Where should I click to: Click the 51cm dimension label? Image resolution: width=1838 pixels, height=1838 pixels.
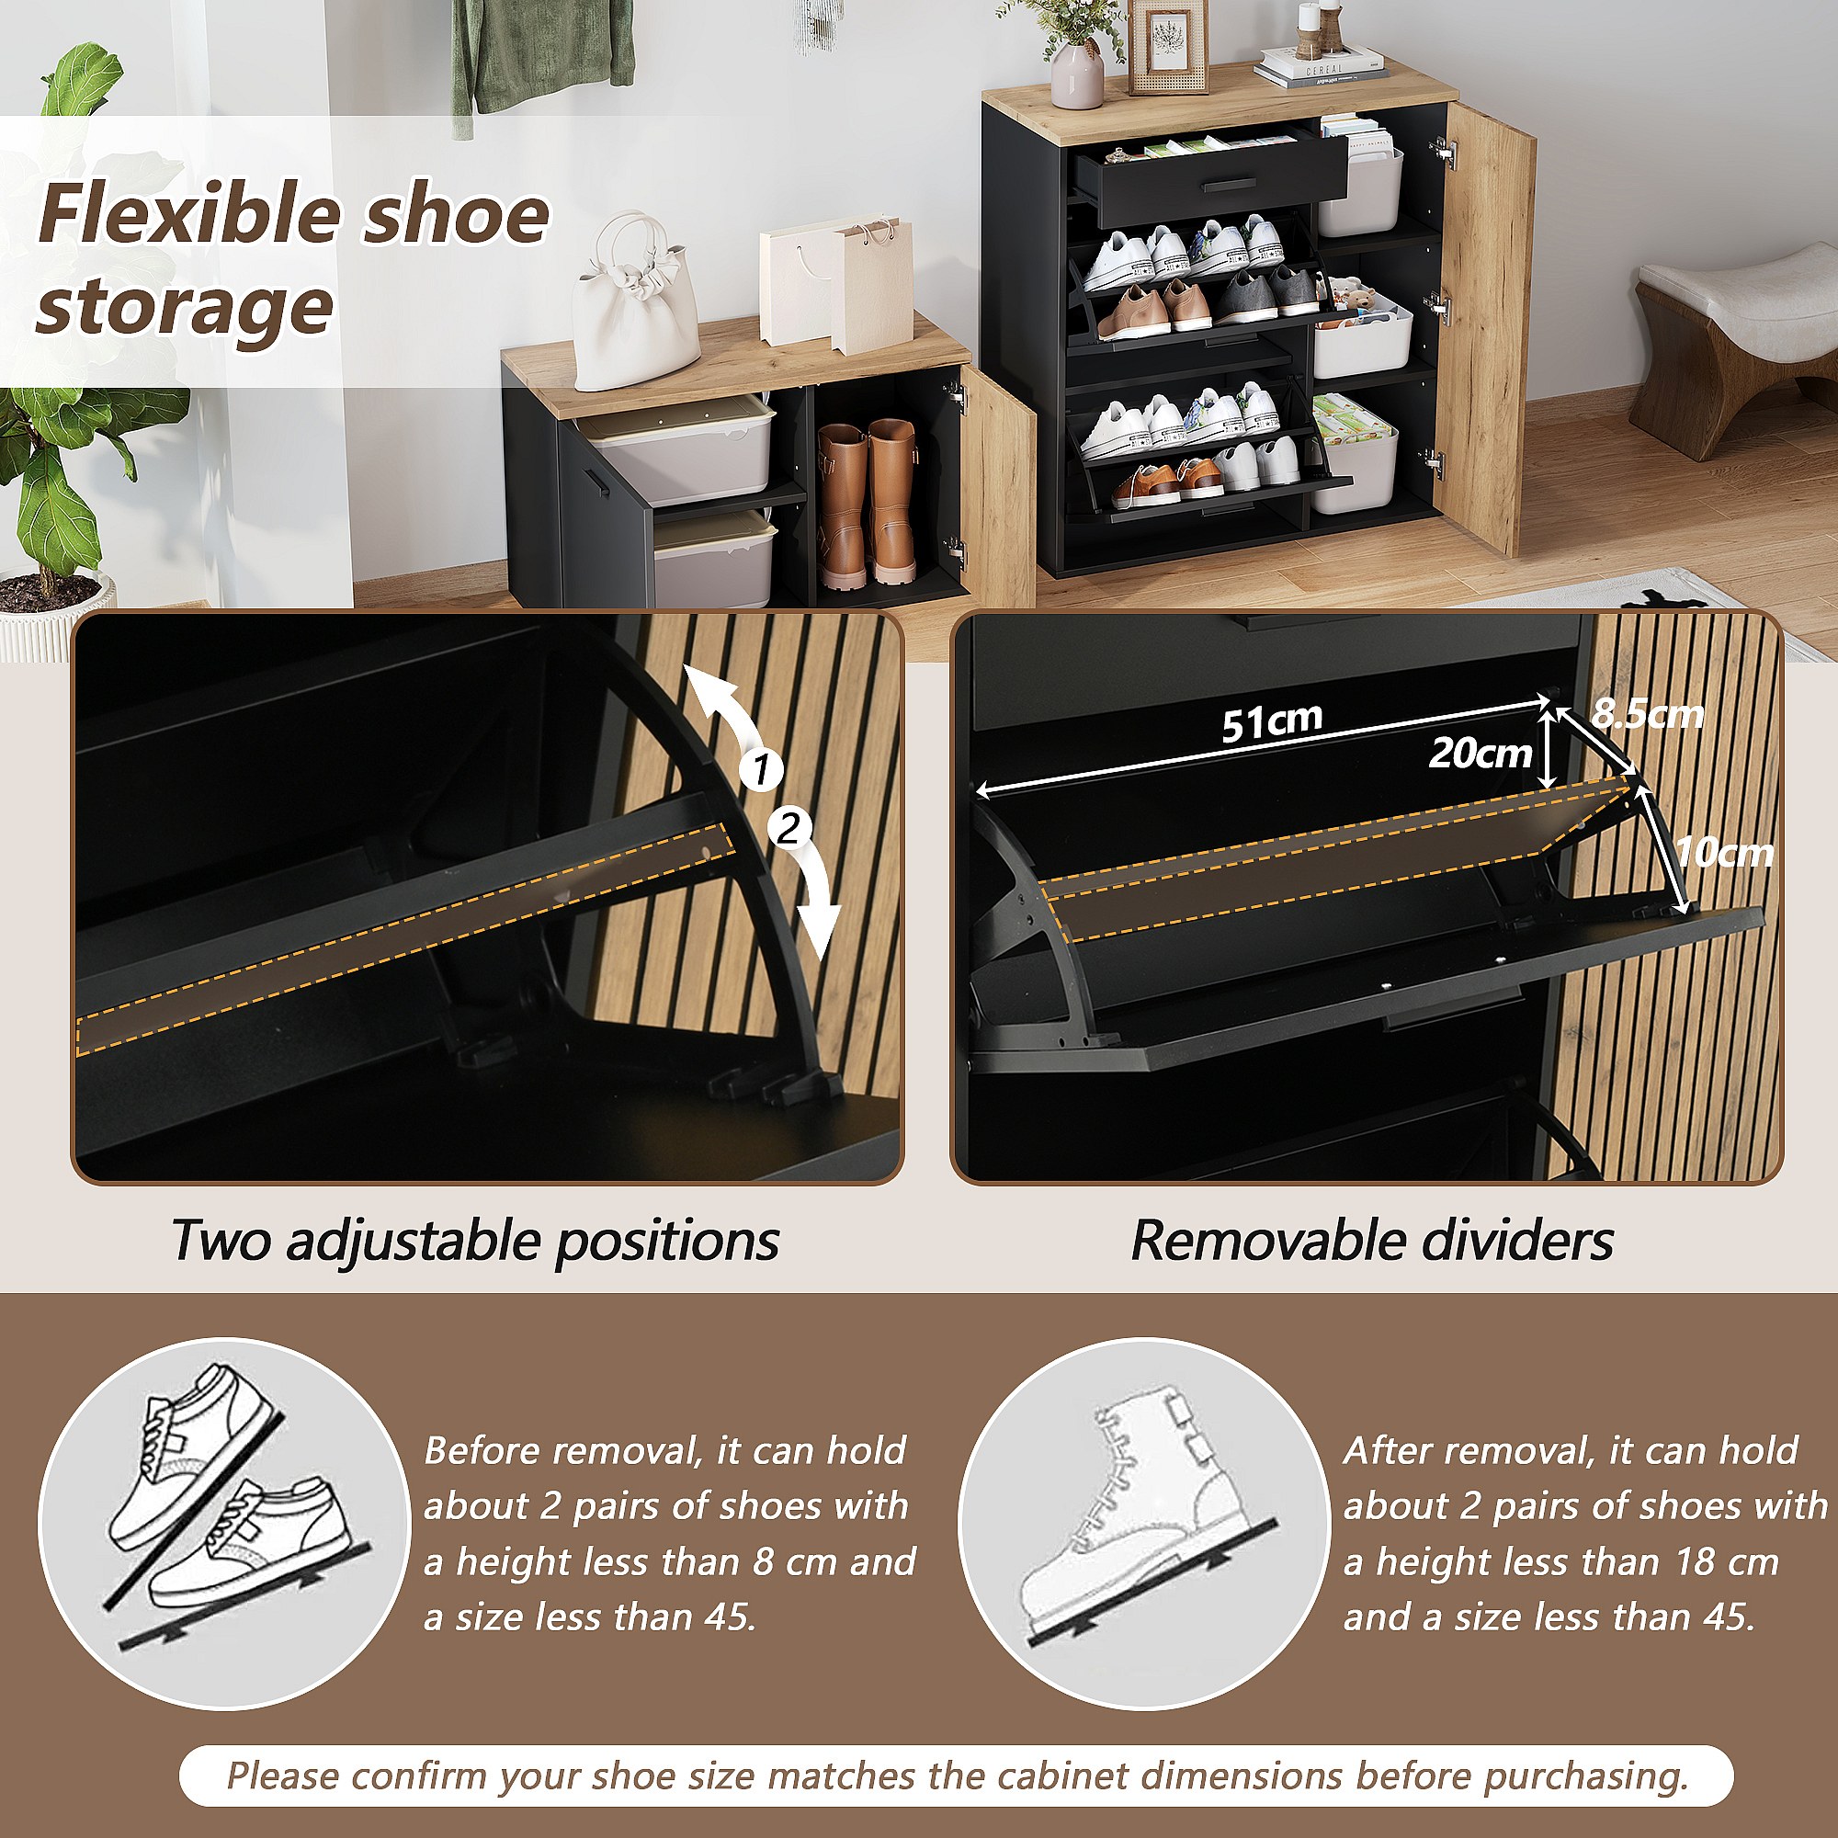(1272, 721)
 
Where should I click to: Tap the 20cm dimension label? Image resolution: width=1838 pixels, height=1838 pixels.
(1480, 754)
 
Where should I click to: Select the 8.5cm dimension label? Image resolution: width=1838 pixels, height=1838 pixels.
(1647, 712)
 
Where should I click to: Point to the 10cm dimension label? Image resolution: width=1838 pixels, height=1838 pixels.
(1724, 852)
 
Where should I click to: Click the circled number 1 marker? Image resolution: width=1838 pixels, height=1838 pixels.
(762, 769)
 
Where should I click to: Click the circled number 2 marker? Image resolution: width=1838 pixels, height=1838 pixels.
(789, 830)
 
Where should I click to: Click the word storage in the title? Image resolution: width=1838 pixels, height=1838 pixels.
(185, 306)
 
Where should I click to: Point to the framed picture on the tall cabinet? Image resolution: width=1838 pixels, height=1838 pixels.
(1167, 47)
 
